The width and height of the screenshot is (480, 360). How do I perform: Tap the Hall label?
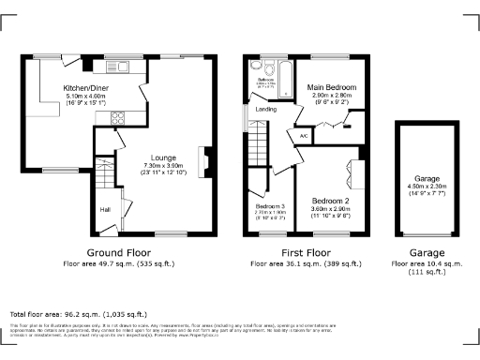[104, 209]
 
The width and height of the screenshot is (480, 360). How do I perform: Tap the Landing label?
[265, 108]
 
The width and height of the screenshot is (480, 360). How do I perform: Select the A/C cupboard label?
[304, 136]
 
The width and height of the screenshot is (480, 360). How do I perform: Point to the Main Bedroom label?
[332, 87]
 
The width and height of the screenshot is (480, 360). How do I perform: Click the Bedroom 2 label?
[330, 201]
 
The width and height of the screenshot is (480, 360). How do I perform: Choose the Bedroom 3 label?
[270, 206]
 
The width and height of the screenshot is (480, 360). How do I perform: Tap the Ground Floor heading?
[120, 253]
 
